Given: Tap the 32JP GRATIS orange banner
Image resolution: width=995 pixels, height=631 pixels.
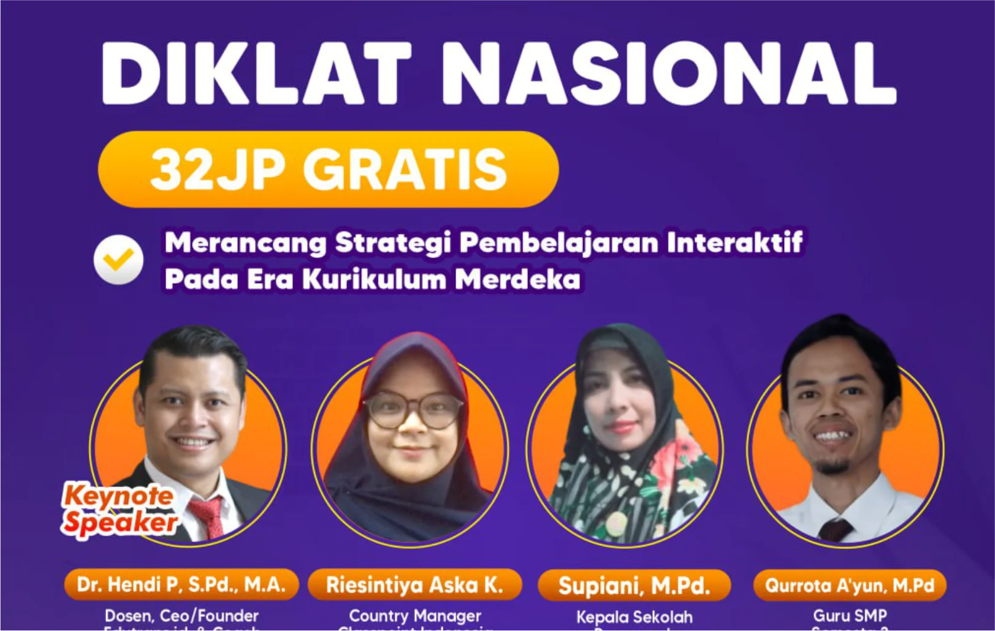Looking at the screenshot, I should tap(329, 169).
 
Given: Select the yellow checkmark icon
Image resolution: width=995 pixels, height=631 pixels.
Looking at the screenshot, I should tap(118, 260).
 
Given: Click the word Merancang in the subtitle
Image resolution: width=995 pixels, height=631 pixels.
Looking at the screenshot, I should tap(246, 243).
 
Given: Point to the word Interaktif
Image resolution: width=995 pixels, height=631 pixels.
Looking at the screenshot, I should tap(734, 243).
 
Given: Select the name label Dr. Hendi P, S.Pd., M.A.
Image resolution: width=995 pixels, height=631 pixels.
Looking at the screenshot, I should tap(181, 584).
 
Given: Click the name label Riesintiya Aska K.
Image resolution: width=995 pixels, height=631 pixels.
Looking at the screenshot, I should tap(414, 585).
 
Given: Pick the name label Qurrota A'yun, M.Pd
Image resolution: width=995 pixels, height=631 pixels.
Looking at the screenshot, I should tap(850, 585).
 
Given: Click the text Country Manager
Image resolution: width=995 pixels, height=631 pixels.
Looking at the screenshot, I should tap(415, 616).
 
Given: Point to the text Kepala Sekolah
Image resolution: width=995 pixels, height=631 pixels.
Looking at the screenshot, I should tap(634, 617).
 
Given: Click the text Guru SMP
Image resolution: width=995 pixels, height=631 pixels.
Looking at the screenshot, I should tap(850, 616).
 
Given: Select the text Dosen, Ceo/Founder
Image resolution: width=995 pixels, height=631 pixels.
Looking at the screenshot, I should tap(181, 616).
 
